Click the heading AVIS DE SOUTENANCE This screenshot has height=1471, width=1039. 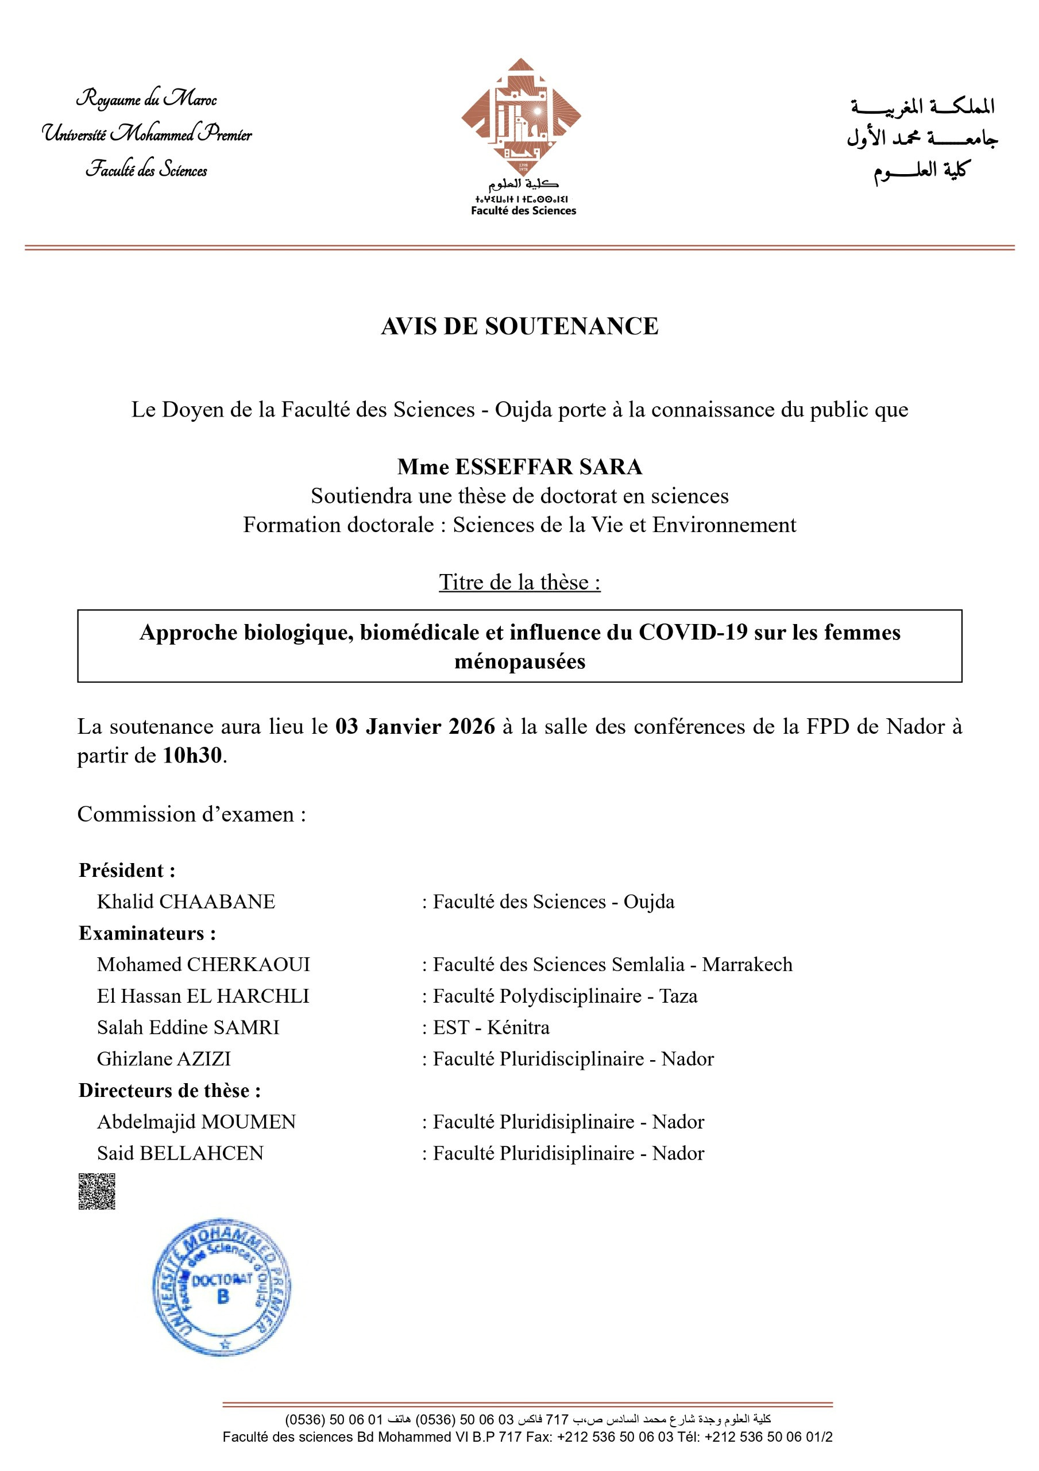point(519,326)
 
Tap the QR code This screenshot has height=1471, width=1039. point(96,1191)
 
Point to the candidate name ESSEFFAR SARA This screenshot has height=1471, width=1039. point(548,467)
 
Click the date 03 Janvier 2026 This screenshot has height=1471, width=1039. point(415,726)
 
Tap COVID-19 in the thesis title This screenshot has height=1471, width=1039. point(693,632)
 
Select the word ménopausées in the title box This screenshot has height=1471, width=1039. point(519,661)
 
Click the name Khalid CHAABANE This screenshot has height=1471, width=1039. point(186,902)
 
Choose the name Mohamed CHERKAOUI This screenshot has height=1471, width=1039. point(203,964)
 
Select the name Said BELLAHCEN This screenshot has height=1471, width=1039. point(180,1153)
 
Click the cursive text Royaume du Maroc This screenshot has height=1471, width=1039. point(146,99)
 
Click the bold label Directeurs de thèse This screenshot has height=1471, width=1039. point(169,1090)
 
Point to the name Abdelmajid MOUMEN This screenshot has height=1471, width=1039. point(196,1121)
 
